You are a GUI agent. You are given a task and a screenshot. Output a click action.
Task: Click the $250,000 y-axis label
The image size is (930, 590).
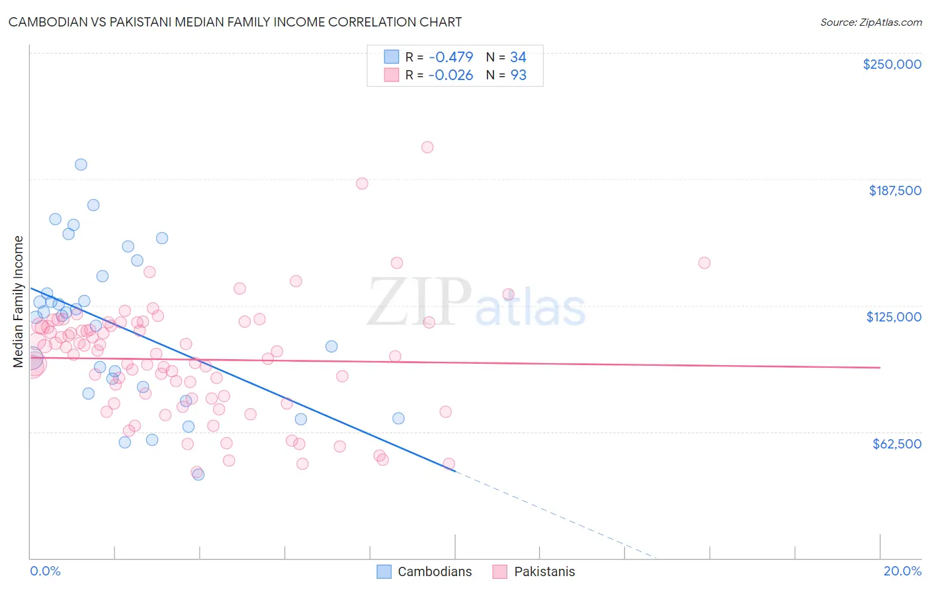click(892, 64)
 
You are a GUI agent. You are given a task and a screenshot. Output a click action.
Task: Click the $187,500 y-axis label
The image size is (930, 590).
click(894, 190)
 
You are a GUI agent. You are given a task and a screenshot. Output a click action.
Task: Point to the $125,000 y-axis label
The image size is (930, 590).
click(894, 317)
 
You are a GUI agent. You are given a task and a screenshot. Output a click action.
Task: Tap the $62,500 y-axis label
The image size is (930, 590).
click(896, 444)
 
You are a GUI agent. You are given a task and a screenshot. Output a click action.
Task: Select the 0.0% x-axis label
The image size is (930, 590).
click(45, 571)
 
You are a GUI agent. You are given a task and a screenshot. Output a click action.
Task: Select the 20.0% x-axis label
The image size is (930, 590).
click(902, 571)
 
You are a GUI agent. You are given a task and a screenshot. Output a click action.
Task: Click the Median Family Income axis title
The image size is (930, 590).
click(18, 302)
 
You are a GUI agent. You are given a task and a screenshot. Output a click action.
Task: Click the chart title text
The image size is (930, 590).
click(235, 22)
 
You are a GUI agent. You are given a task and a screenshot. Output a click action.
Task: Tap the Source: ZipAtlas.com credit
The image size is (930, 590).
click(870, 22)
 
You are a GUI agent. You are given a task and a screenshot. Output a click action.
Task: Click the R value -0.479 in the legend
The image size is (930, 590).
click(450, 57)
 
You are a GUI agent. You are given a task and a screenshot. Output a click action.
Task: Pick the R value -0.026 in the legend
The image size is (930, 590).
click(450, 75)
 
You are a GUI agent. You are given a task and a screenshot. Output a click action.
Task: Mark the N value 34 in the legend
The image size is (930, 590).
click(518, 57)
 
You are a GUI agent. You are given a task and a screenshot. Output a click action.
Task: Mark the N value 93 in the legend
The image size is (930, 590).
click(518, 75)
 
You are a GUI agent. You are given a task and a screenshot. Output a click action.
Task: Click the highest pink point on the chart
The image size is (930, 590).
click(427, 147)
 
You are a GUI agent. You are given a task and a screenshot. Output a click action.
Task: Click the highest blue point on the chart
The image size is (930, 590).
click(81, 165)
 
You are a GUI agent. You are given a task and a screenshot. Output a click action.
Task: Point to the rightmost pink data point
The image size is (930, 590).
click(704, 263)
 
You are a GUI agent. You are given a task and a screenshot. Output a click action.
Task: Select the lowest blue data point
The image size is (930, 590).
click(198, 474)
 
